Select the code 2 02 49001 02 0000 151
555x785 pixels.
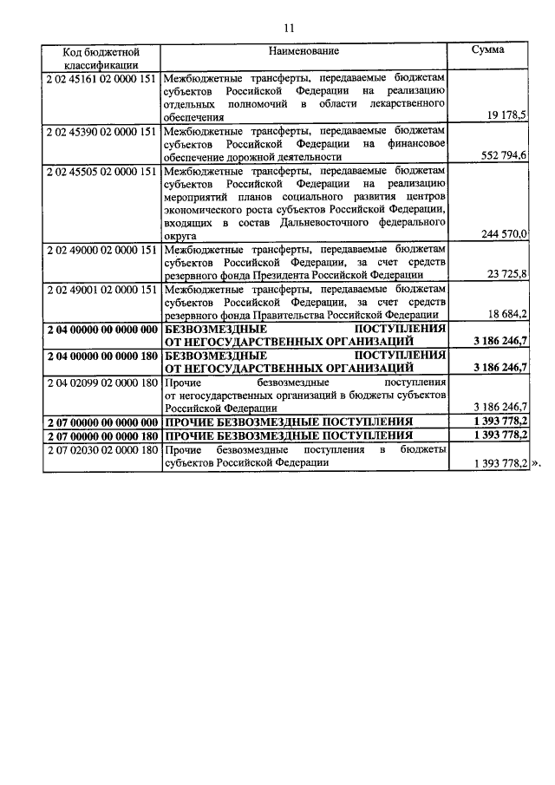click(x=101, y=290)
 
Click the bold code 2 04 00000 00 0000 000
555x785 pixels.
click(x=101, y=330)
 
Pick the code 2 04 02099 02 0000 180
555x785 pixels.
click(x=101, y=382)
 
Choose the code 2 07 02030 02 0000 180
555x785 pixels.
click(x=101, y=450)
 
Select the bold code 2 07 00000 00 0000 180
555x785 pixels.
click(x=101, y=435)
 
